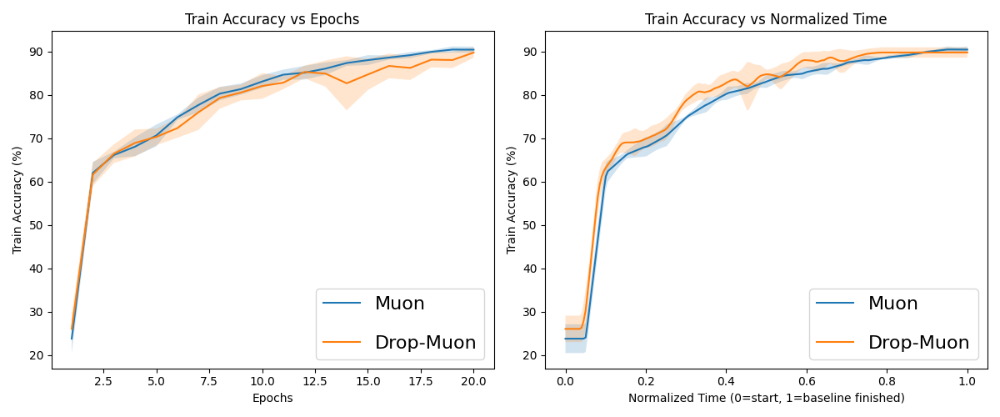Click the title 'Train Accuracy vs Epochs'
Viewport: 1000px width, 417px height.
tap(272, 19)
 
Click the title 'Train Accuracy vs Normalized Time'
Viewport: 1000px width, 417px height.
tap(766, 19)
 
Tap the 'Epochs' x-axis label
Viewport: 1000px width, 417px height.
tap(272, 398)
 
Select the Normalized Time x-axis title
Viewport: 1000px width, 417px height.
tap(766, 398)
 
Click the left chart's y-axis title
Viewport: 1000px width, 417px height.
tap(17, 200)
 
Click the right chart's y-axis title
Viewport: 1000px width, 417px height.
tap(511, 200)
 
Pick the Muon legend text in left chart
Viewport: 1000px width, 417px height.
tap(399, 304)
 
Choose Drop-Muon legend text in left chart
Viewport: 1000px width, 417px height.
tap(425, 343)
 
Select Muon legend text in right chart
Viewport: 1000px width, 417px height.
tap(892, 304)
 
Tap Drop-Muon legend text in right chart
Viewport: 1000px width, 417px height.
tap(918, 343)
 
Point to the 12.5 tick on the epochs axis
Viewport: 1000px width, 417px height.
tap(315, 381)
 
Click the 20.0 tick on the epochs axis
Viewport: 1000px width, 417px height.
tap(473, 381)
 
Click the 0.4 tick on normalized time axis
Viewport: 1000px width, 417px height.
tap(727, 381)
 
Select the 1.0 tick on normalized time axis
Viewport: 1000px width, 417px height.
tap(967, 381)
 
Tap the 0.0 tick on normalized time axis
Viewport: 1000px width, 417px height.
tap(566, 381)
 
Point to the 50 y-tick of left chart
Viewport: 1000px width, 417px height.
tap(38, 225)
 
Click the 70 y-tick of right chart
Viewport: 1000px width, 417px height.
tap(532, 138)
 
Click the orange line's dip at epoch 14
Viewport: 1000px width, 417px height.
tap(347, 83)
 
